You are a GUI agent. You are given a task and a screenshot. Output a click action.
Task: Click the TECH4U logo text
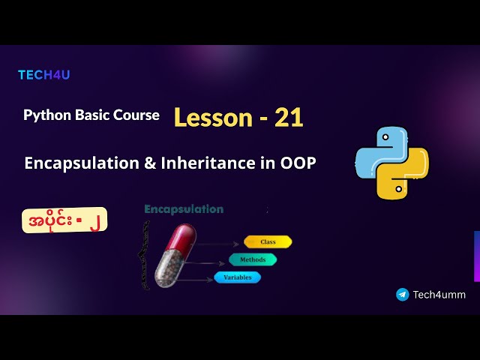43,75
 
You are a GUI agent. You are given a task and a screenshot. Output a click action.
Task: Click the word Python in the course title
46,115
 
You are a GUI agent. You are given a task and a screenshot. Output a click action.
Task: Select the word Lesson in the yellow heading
213,117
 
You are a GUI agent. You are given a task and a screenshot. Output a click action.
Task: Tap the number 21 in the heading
289,117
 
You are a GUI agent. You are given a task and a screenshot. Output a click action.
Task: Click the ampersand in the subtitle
147,163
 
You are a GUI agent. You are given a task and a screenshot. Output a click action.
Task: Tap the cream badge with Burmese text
64,219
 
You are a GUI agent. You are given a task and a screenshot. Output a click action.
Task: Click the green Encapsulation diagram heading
184,209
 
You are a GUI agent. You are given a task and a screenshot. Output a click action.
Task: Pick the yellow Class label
268,241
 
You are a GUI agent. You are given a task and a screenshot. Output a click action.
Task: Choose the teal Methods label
253,259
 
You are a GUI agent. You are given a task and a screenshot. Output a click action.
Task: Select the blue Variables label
238,277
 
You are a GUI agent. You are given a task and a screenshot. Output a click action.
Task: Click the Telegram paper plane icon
403,295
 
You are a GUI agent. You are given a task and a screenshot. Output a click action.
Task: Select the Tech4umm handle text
439,295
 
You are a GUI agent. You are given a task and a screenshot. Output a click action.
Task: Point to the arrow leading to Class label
221,243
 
